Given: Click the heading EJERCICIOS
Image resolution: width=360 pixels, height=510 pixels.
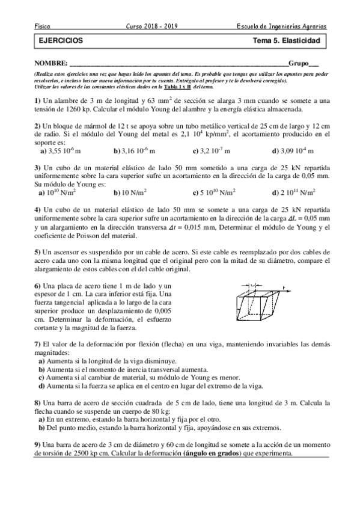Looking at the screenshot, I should coord(57,41).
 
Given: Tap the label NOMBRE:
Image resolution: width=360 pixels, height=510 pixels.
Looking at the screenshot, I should coord(51,63).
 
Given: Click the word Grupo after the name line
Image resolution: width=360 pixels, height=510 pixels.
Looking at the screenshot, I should coord(301,63).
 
